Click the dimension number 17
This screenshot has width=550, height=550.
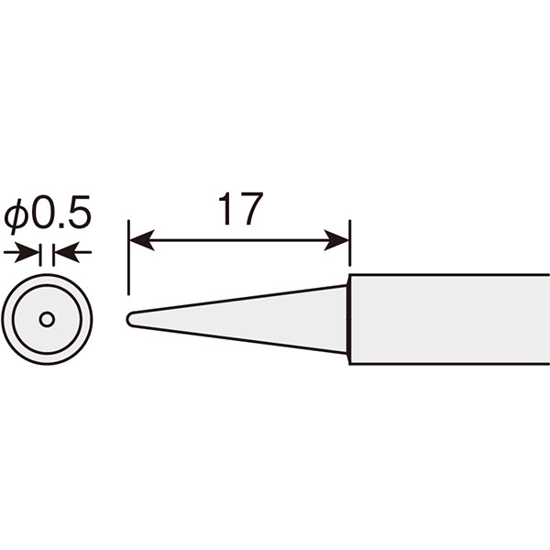point(240,209)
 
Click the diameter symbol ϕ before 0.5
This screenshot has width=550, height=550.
point(16,214)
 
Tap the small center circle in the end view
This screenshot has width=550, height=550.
point(47,320)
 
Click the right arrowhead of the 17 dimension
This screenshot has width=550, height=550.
point(336,240)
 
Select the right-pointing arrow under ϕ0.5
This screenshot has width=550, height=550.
point(21,252)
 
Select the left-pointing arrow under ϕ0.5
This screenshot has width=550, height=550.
point(73,252)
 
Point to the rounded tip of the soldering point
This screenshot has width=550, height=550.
point(130,320)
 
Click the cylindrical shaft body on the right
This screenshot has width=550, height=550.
point(450,320)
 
